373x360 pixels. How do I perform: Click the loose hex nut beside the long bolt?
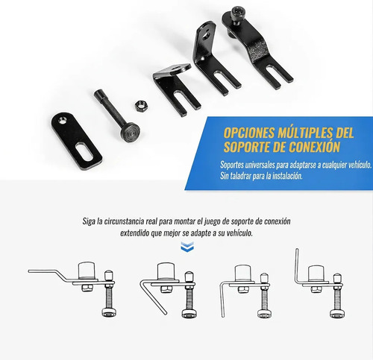click(x=140, y=106)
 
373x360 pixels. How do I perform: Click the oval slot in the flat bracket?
click(x=84, y=151)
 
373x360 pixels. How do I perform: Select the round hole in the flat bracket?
click(x=62, y=121)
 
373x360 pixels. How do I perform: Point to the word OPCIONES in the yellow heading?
click(x=249, y=133)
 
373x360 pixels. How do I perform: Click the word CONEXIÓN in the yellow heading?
click(x=315, y=146)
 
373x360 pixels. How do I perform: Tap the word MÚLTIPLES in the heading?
click(x=305, y=133)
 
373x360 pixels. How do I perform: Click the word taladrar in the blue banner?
click(x=240, y=176)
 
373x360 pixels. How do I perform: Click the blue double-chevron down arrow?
click(x=187, y=247)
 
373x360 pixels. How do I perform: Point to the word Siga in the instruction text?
click(x=89, y=221)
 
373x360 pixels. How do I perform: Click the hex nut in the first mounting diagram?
click(x=87, y=288)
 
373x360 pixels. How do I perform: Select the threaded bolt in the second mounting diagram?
click(x=189, y=295)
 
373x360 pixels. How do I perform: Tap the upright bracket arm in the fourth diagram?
click(x=297, y=265)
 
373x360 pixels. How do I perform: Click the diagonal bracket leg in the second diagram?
click(x=154, y=297)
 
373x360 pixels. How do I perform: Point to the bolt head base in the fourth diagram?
click(x=337, y=314)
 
